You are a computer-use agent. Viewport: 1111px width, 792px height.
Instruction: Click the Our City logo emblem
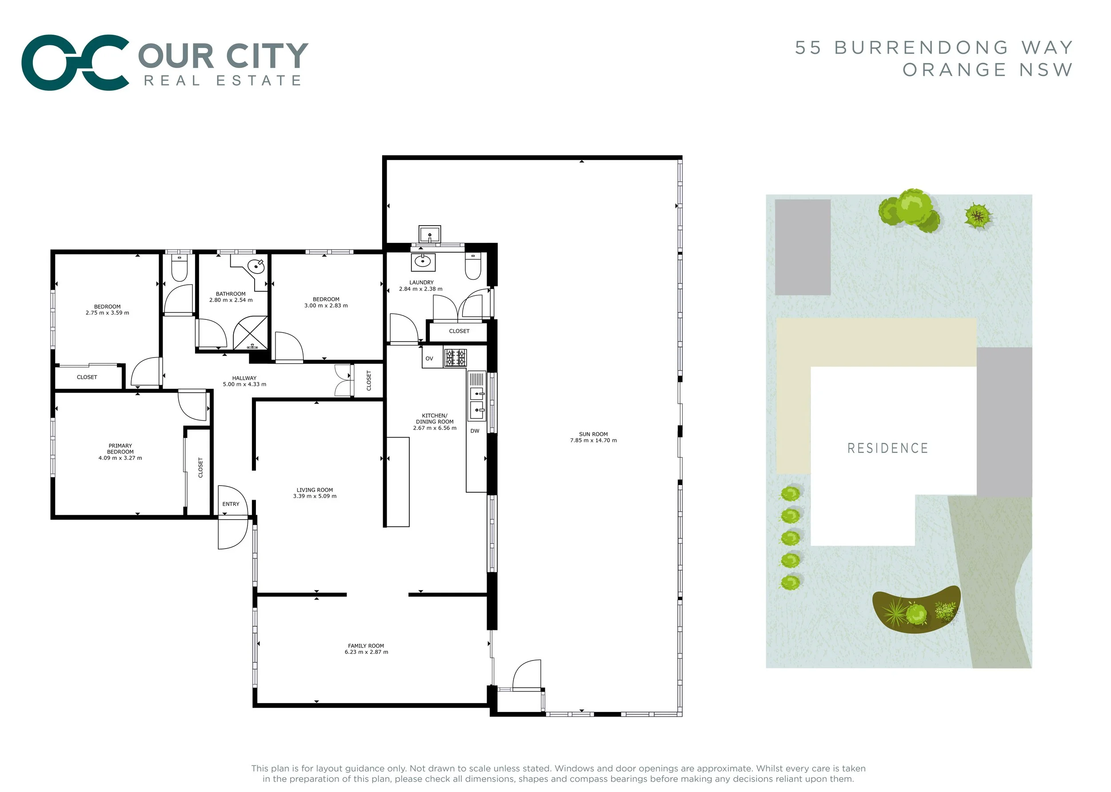[75, 63]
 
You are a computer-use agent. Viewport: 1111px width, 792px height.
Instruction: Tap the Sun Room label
[593, 434]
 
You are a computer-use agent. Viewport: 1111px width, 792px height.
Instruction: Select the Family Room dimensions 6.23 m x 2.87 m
[366, 652]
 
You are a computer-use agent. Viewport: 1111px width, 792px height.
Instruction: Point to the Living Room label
[315, 490]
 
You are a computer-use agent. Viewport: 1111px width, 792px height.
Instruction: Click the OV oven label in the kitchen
[429, 358]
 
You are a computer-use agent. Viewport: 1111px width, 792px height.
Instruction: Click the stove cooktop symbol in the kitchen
[455, 358]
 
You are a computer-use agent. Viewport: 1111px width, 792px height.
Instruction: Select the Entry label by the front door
[231, 504]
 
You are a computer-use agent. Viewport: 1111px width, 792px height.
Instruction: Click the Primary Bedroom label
[120, 449]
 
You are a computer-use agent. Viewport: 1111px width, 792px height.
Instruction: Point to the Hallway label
[244, 378]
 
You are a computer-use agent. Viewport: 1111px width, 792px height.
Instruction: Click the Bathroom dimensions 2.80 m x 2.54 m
[231, 300]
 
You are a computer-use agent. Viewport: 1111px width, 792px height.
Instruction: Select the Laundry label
[421, 283]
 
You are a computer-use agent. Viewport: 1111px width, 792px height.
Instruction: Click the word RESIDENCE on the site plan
[887, 448]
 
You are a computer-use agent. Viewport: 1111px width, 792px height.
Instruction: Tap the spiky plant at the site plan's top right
[977, 215]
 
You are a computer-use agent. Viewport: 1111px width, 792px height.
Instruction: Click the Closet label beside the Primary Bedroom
[200, 467]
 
